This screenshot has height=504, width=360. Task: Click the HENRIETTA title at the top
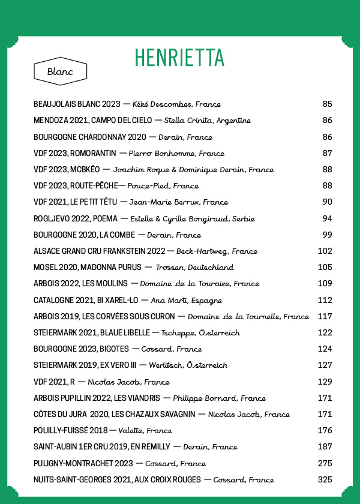coord(179,58)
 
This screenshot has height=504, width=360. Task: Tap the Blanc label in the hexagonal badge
coord(60,72)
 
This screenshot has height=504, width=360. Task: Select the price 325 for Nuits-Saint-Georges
coord(325,479)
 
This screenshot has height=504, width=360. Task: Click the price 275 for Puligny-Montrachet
coord(325,463)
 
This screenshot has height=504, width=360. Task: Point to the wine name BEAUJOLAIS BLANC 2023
coord(77,104)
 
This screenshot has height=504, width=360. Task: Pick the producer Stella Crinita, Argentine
coord(207,121)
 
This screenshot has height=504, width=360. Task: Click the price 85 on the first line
coord(327,104)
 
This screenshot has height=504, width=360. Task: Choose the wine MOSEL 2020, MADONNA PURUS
coord(88,267)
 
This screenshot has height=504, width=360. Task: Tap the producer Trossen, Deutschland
coord(194,267)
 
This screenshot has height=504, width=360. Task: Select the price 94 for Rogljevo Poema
coord(327,218)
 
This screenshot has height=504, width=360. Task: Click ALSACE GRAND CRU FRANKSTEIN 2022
coord(99,251)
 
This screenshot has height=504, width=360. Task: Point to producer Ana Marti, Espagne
coord(187,300)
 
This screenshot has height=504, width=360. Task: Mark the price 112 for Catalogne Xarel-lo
coord(325,300)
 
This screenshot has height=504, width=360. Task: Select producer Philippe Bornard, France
coord(219,398)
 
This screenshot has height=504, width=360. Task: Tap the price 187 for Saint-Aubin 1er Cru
coord(325,447)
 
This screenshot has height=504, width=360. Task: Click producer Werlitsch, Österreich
coord(188,365)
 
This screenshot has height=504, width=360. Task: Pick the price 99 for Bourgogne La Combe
coord(327,235)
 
